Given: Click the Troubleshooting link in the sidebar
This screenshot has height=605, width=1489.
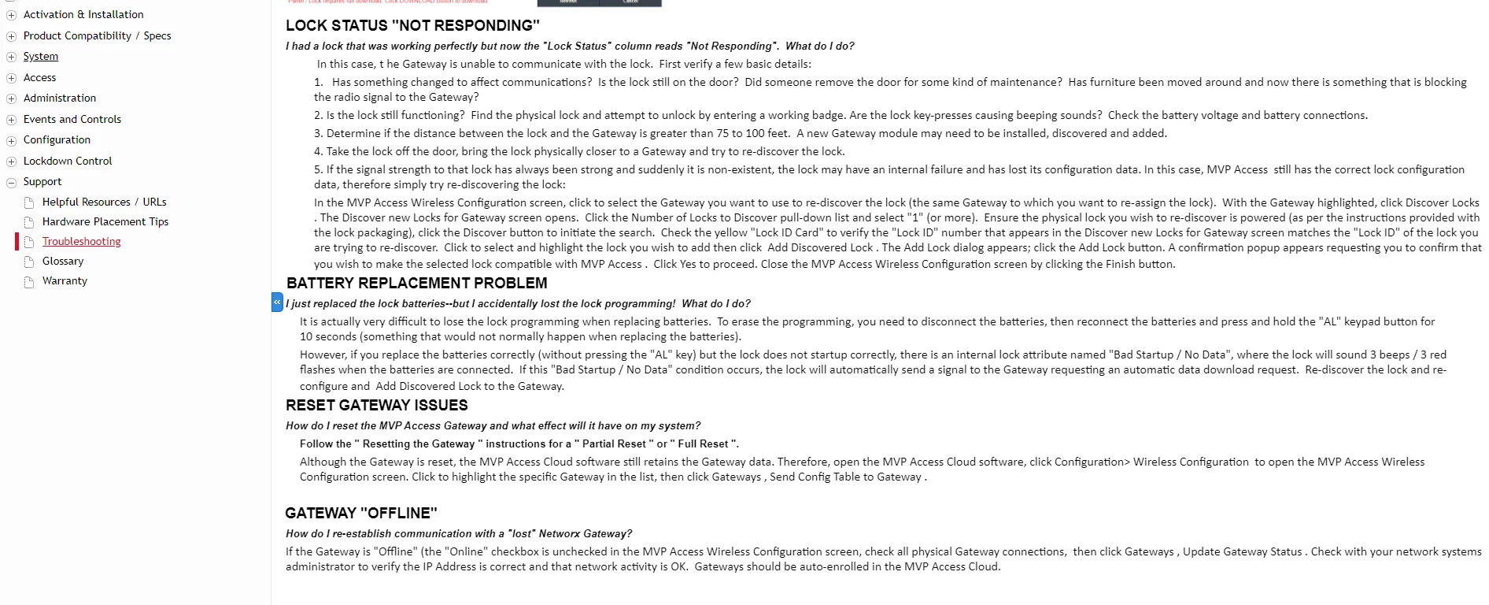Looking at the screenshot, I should pos(81,242).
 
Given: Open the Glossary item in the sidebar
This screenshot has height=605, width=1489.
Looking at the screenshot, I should pos(63,262).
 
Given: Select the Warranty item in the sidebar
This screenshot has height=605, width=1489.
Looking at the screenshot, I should pos(65,281).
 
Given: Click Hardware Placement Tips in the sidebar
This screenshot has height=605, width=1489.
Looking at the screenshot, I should pos(105,222).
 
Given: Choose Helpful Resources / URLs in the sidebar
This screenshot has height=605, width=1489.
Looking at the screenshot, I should pos(104,202).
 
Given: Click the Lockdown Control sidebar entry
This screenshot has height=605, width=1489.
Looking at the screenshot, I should pos(68,161).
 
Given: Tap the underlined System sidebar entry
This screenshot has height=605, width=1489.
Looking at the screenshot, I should pos(41,57).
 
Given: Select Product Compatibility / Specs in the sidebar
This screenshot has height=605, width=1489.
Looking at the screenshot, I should pos(97,36).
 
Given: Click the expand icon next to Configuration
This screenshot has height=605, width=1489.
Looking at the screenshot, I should pos(11,141).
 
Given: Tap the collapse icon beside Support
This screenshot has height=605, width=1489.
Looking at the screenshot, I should pos(11,183).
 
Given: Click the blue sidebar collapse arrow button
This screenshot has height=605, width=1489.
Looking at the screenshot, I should pos(277,302).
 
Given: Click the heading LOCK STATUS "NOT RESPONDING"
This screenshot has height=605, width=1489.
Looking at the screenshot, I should pos(412,26).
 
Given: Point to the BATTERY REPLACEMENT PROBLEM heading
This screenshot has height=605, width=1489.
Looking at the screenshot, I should pos(416,284).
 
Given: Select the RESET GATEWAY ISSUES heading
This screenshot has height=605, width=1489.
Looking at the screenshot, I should pos(376,406).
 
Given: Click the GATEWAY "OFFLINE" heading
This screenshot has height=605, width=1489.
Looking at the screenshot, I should pos(360,514).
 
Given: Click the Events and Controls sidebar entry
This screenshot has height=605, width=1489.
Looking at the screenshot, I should pos(72,120).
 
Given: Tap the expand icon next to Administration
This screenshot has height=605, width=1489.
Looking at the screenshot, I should pos(11,99).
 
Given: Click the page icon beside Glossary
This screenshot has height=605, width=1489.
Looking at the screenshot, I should pos(29,262).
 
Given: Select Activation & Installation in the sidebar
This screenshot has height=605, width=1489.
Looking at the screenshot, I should pos(83,15).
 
